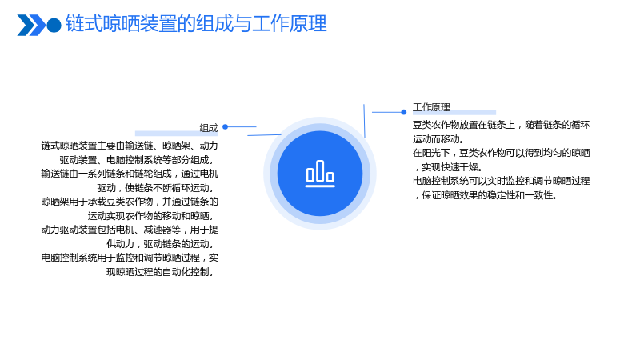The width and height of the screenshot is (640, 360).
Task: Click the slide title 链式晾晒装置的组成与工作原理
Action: (x=196, y=24)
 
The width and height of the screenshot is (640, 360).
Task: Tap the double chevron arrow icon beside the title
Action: (x=31, y=25)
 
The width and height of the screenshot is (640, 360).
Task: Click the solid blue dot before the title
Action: (x=54, y=26)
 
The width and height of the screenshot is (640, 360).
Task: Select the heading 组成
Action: (x=209, y=128)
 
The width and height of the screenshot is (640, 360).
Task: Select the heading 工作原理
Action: (x=431, y=107)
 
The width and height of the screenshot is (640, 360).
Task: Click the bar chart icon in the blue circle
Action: (x=320, y=174)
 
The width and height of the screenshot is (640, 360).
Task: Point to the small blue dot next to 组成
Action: (x=225, y=127)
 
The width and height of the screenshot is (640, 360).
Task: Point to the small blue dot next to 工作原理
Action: (x=404, y=112)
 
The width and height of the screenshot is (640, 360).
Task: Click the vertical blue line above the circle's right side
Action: (x=364, y=121)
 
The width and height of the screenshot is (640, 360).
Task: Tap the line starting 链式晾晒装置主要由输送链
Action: (x=130, y=146)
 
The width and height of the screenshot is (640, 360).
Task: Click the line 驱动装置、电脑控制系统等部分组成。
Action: (x=136, y=160)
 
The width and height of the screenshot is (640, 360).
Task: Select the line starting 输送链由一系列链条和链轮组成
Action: (x=130, y=174)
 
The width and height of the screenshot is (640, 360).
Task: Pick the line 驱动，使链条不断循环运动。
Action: (x=155, y=188)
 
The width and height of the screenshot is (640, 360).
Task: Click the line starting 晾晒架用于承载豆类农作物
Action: (x=130, y=202)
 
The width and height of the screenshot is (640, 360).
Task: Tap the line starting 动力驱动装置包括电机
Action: (x=130, y=230)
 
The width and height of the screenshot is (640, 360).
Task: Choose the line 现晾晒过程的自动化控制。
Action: (x=160, y=272)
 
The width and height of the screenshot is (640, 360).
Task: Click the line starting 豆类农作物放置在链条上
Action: (x=502, y=125)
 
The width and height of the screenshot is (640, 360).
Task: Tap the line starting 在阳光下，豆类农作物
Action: (x=502, y=153)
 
